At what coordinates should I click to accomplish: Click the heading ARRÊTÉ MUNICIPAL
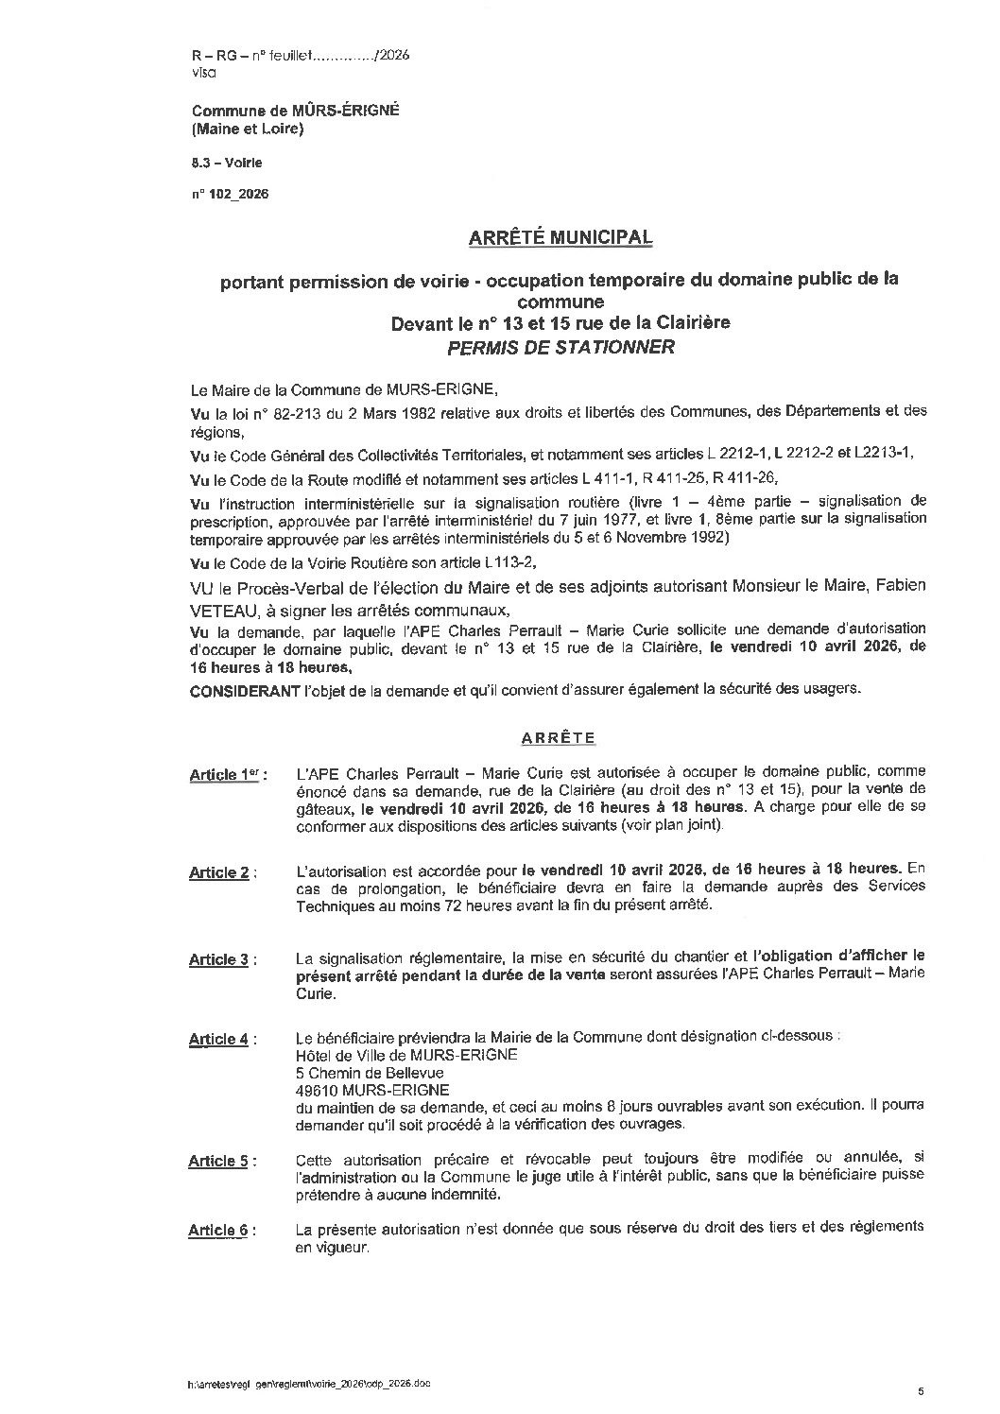pyautogui.click(x=560, y=237)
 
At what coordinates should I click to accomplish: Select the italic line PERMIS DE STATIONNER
pyautogui.click(x=560, y=347)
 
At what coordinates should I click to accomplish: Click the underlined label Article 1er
pyautogui.click(x=225, y=775)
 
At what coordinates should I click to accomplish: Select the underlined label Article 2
pyautogui.click(x=220, y=872)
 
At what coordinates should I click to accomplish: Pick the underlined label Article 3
pyautogui.click(x=220, y=959)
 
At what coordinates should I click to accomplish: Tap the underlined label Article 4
pyautogui.click(x=220, y=1040)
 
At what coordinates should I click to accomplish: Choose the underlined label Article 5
pyautogui.click(x=220, y=1161)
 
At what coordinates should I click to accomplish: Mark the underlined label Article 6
pyautogui.click(x=220, y=1231)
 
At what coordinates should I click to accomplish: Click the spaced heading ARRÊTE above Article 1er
pyautogui.click(x=560, y=736)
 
